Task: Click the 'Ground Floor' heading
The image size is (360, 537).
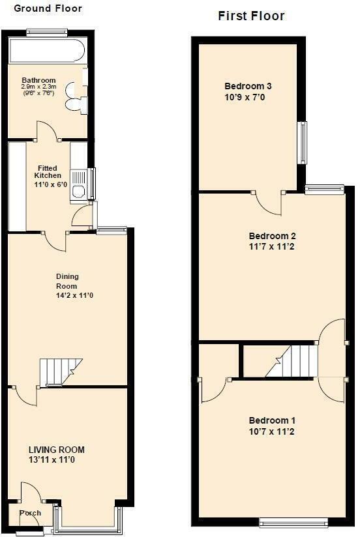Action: pos(48,8)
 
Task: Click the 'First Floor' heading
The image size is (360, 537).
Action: pos(251,16)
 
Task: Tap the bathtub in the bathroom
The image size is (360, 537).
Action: pos(48,51)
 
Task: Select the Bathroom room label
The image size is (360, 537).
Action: pos(38,80)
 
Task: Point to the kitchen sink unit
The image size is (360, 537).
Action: pos(78,185)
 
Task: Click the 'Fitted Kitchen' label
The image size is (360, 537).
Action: pos(48,171)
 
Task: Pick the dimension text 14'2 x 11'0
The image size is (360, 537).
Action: pos(75,295)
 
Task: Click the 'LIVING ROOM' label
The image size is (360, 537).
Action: pos(57,450)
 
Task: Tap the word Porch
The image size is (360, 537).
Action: pos(30,513)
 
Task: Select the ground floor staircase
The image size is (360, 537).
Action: pos(61,372)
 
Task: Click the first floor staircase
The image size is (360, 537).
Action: pos(292,361)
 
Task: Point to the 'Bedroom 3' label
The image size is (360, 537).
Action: pos(248,86)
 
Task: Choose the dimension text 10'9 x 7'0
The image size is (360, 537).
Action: pos(245,97)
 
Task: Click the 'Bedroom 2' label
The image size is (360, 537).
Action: pos(272,236)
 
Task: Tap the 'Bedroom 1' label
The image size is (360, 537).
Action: pos(272,420)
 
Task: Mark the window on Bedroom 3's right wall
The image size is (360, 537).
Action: pos(303,143)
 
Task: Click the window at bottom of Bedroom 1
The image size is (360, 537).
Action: pos(293,522)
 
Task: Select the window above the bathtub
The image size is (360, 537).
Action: pos(46,32)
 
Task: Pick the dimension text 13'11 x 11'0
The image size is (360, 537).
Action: pos(52,459)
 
